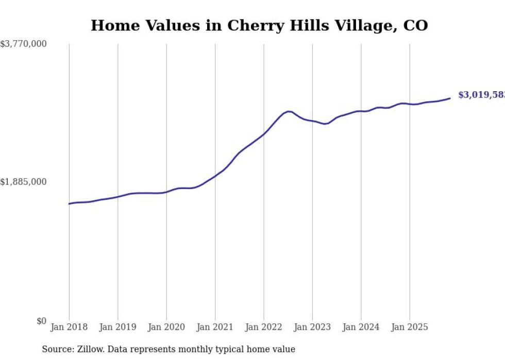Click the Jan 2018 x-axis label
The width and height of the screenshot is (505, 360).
click(x=69, y=327)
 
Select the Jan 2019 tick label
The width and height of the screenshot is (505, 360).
click(x=118, y=327)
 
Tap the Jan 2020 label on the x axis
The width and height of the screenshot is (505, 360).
click(x=166, y=327)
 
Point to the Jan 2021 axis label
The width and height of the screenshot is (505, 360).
click(x=215, y=327)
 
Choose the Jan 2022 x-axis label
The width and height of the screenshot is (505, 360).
click(x=264, y=327)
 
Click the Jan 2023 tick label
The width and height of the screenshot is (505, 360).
click(x=312, y=327)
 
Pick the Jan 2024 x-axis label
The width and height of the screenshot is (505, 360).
click(x=361, y=327)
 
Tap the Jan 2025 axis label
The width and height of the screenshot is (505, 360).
click(x=410, y=327)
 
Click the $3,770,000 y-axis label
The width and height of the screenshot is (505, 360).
click(x=23, y=44)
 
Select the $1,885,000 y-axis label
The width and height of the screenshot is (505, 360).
click(x=23, y=182)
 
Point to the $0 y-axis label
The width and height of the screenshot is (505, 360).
click(x=41, y=321)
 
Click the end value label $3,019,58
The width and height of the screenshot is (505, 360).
click(x=481, y=95)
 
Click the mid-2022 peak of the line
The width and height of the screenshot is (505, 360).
click(x=289, y=111)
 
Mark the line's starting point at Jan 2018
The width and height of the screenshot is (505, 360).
click(x=69, y=204)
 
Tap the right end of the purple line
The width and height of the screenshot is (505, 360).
click(x=450, y=98)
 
